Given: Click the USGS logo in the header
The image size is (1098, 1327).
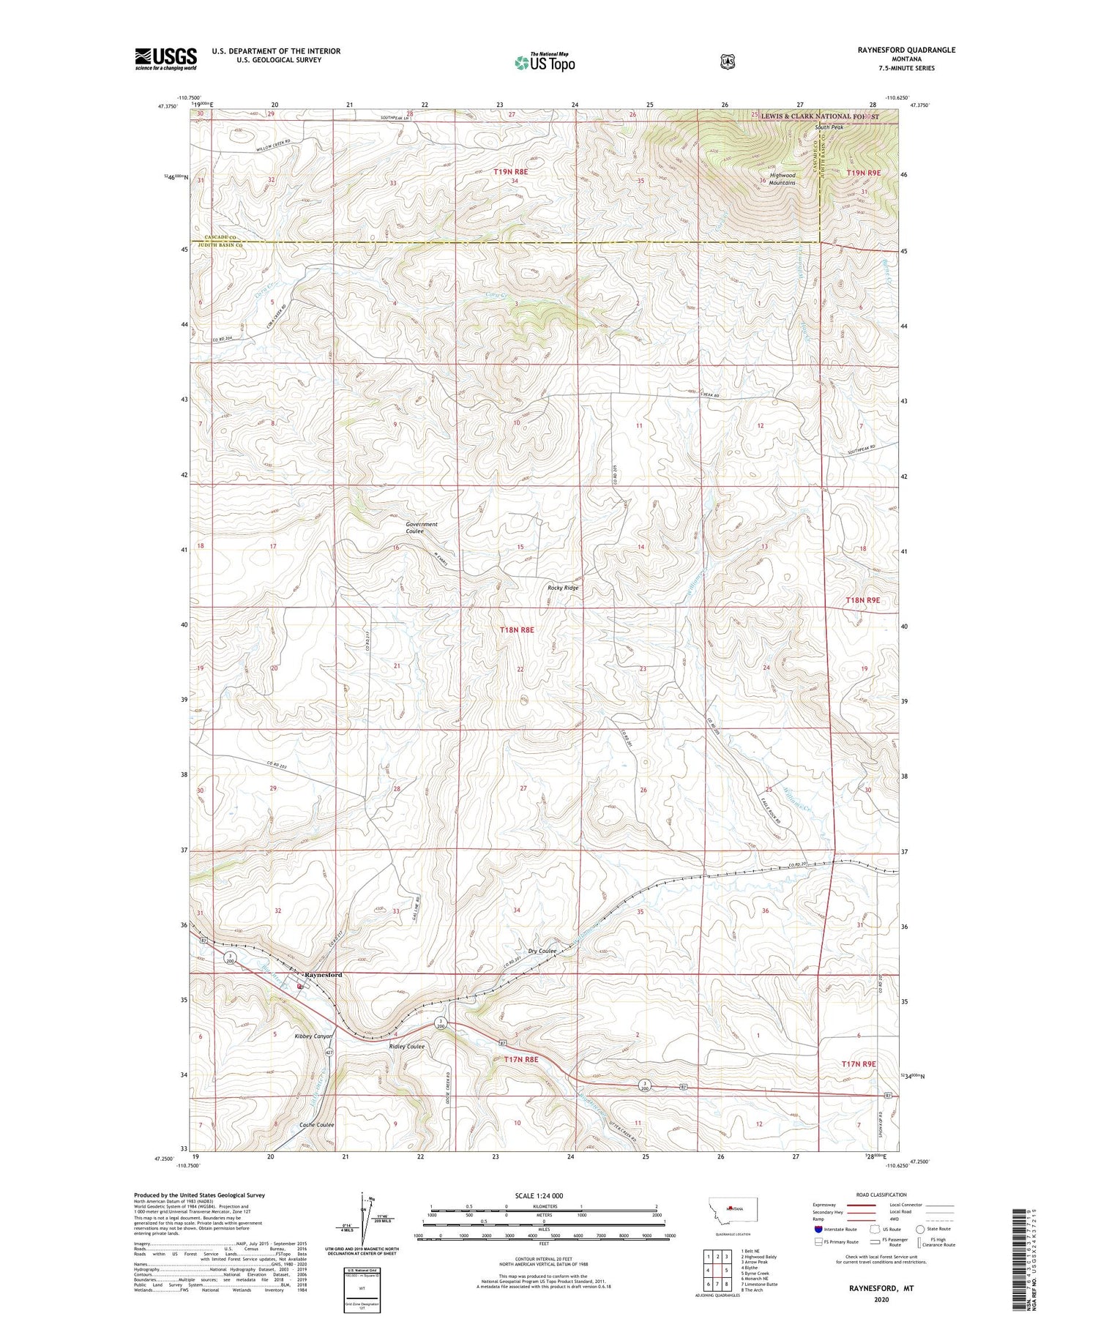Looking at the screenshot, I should (165, 59).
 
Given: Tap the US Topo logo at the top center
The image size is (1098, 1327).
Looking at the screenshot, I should (545, 62).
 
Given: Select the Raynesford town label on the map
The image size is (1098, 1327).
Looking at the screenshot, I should (323, 975).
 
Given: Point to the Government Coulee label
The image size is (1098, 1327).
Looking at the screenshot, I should (422, 527).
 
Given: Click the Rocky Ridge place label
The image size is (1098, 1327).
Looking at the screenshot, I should (563, 588).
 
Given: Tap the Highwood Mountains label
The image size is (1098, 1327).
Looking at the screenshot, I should (782, 179).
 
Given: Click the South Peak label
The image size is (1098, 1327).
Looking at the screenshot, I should (829, 127).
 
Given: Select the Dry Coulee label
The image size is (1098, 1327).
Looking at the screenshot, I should (542, 951).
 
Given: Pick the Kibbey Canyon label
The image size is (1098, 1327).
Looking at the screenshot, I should (313, 1036).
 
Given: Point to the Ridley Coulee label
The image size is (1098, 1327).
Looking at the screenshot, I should (407, 1046).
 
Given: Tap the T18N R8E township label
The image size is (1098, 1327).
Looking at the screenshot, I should (517, 629).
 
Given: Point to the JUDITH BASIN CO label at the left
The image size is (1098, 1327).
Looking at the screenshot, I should (217, 247).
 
